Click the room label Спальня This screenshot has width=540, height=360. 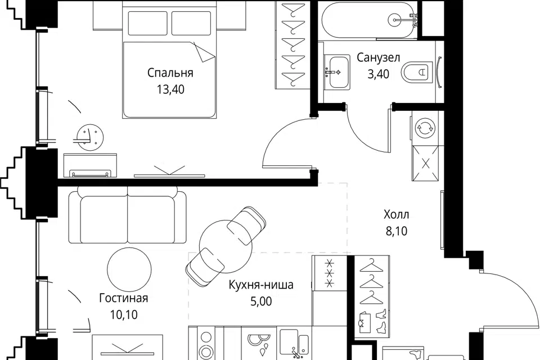click(170, 73)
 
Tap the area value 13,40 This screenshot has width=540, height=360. click(170, 89)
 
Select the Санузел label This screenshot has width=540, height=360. click(378, 57)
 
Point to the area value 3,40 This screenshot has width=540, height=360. click(379, 74)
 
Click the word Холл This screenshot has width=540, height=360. click(397, 215)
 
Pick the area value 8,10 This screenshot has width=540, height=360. click(397, 231)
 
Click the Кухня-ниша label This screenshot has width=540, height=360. click(262, 285)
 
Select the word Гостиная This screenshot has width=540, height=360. click(124, 298)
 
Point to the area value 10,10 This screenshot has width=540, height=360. click(124, 314)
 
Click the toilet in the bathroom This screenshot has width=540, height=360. click(417, 71)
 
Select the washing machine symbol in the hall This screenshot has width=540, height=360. click(426, 128)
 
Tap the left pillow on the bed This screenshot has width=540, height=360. click(147, 23)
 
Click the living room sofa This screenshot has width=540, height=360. click(128, 215)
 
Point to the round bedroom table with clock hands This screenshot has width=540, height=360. click(89, 137)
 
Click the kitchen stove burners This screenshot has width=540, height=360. click(206, 344)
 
